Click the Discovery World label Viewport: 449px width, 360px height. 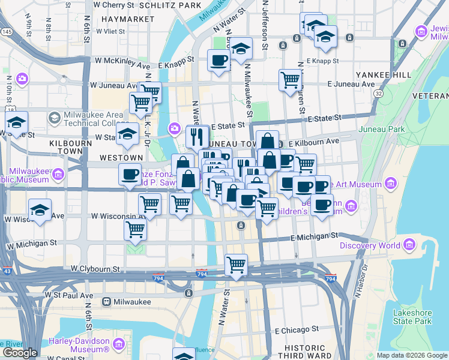(370, 245)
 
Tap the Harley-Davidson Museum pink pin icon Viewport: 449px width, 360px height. (118, 345)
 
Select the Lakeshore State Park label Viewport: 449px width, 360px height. (412, 317)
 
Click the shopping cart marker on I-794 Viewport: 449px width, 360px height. (237, 264)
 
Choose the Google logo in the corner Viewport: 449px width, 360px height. (20, 352)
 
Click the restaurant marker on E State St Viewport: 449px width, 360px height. (197, 137)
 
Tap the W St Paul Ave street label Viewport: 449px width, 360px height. (69, 295)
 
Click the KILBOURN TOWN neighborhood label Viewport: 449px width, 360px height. (66, 148)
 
